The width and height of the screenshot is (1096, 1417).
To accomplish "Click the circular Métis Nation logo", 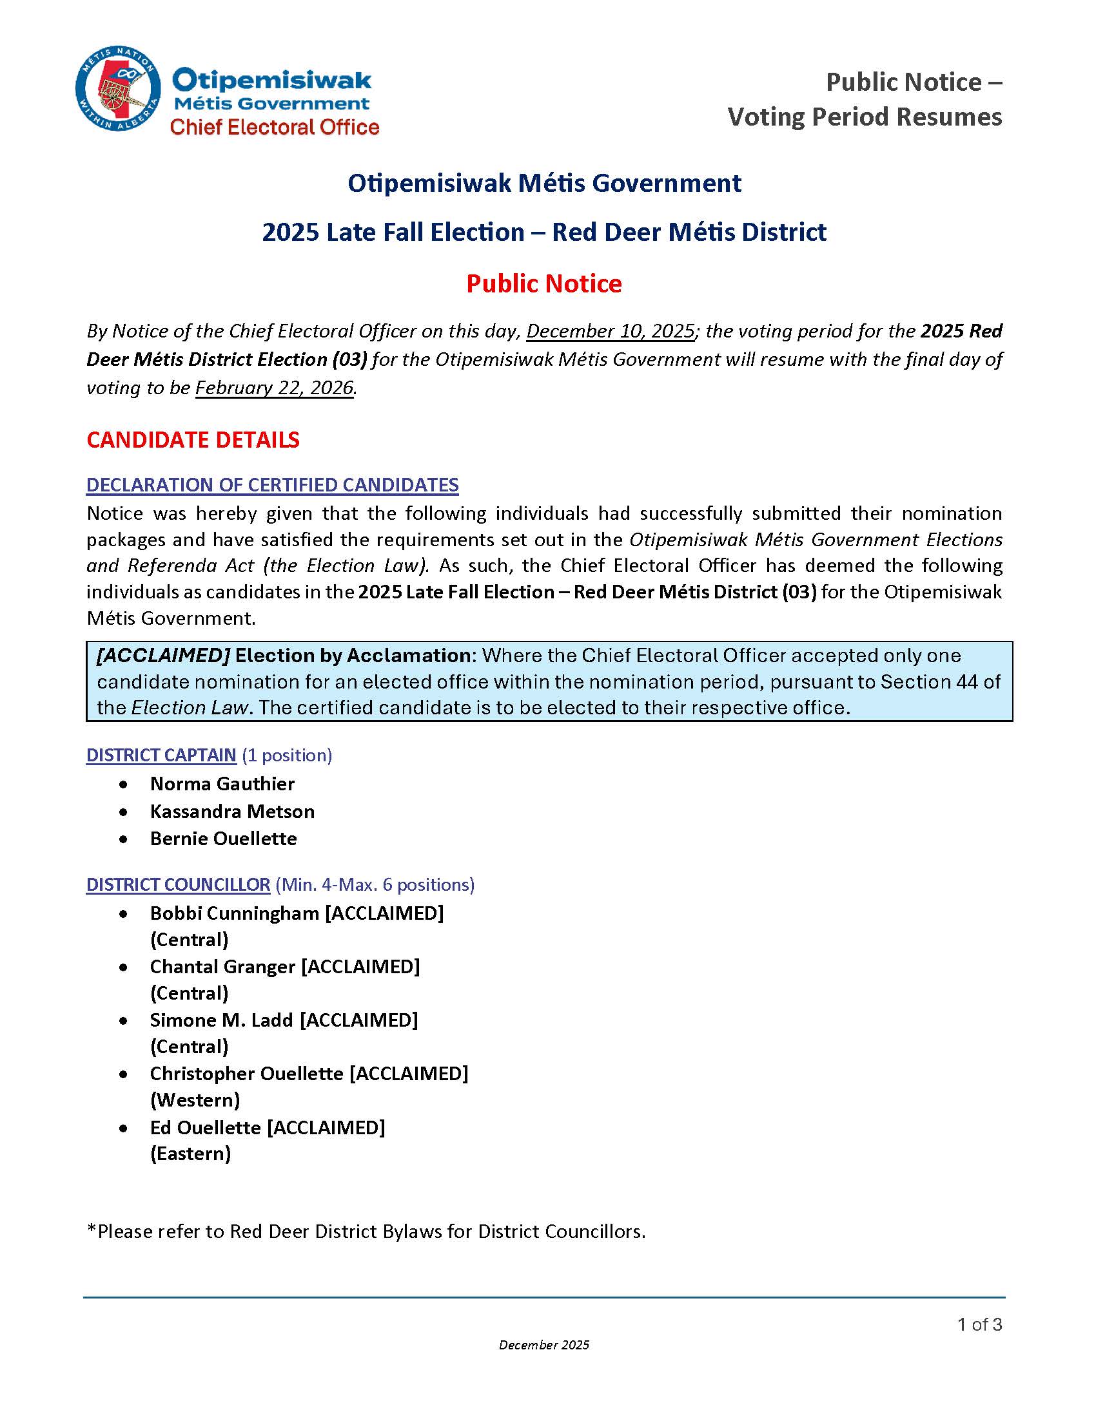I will tap(117, 88).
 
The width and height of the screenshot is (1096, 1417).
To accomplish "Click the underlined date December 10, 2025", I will tap(611, 332).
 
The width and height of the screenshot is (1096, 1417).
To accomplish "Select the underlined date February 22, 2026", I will tap(275, 388).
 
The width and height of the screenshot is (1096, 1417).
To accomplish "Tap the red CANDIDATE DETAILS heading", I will tap(193, 440).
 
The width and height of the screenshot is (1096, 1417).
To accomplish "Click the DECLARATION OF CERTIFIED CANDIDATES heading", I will tap(272, 485).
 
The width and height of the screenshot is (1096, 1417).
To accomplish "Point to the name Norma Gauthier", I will tap(222, 784).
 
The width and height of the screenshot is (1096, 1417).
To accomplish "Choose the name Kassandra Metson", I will tap(232, 812).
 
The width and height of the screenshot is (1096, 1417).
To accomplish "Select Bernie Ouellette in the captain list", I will tap(223, 839).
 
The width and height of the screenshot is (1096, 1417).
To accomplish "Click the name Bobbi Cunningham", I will tap(235, 913).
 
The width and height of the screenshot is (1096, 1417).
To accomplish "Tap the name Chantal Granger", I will tap(222, 967).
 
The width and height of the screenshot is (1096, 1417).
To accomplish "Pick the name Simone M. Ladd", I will tap(221, 1020).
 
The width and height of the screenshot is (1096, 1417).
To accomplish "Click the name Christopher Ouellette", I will tap(247, 1074).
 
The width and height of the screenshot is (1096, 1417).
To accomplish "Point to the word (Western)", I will tap(195, 1100).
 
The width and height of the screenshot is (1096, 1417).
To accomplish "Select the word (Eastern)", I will tap(190, 1154).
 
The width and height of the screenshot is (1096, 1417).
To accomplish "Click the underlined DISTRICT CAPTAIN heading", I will tap(161, 756).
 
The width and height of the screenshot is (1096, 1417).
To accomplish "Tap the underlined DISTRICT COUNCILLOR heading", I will tap(178, 885).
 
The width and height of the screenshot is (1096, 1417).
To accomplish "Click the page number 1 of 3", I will tap(979, 1324).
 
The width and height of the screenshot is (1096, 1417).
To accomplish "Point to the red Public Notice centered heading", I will tap(544, 283).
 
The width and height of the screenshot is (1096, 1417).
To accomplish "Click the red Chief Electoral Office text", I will tap(274, 127).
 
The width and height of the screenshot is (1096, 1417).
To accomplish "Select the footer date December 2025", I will tap(544, 1345).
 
